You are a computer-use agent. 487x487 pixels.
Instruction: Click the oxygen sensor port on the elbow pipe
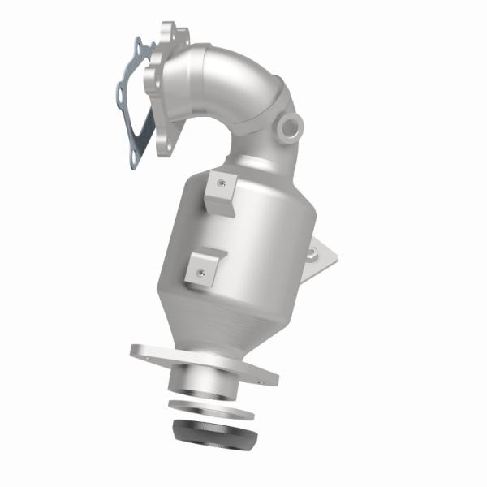pos(289,126)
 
